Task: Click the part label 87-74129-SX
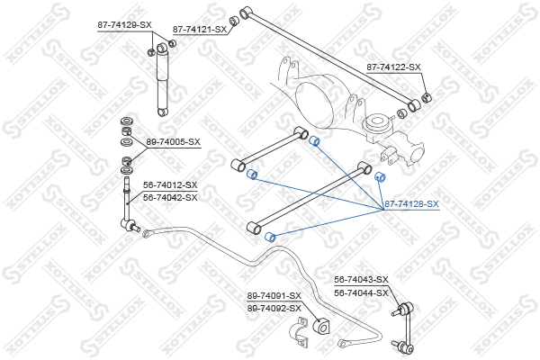point(124,25)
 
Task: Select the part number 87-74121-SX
point(200,30)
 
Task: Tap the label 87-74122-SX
point(393,67)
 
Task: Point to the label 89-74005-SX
point(173,142)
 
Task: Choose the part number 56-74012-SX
point(170,185)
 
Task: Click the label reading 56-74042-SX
point(170,198)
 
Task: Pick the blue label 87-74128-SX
point(411,204)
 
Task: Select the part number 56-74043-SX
point(361,280)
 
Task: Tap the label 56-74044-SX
point(361,293)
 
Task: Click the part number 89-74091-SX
point(274,296)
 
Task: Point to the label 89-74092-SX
point(274,309)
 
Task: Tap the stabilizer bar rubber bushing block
point(321,326)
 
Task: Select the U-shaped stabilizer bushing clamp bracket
point(299,332)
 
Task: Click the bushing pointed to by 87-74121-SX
point(235,21)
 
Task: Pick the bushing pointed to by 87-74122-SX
point(427,97)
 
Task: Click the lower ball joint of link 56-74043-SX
point(405,347)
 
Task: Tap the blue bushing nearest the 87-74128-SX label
point(380,177)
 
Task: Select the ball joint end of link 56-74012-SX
point(130,225)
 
